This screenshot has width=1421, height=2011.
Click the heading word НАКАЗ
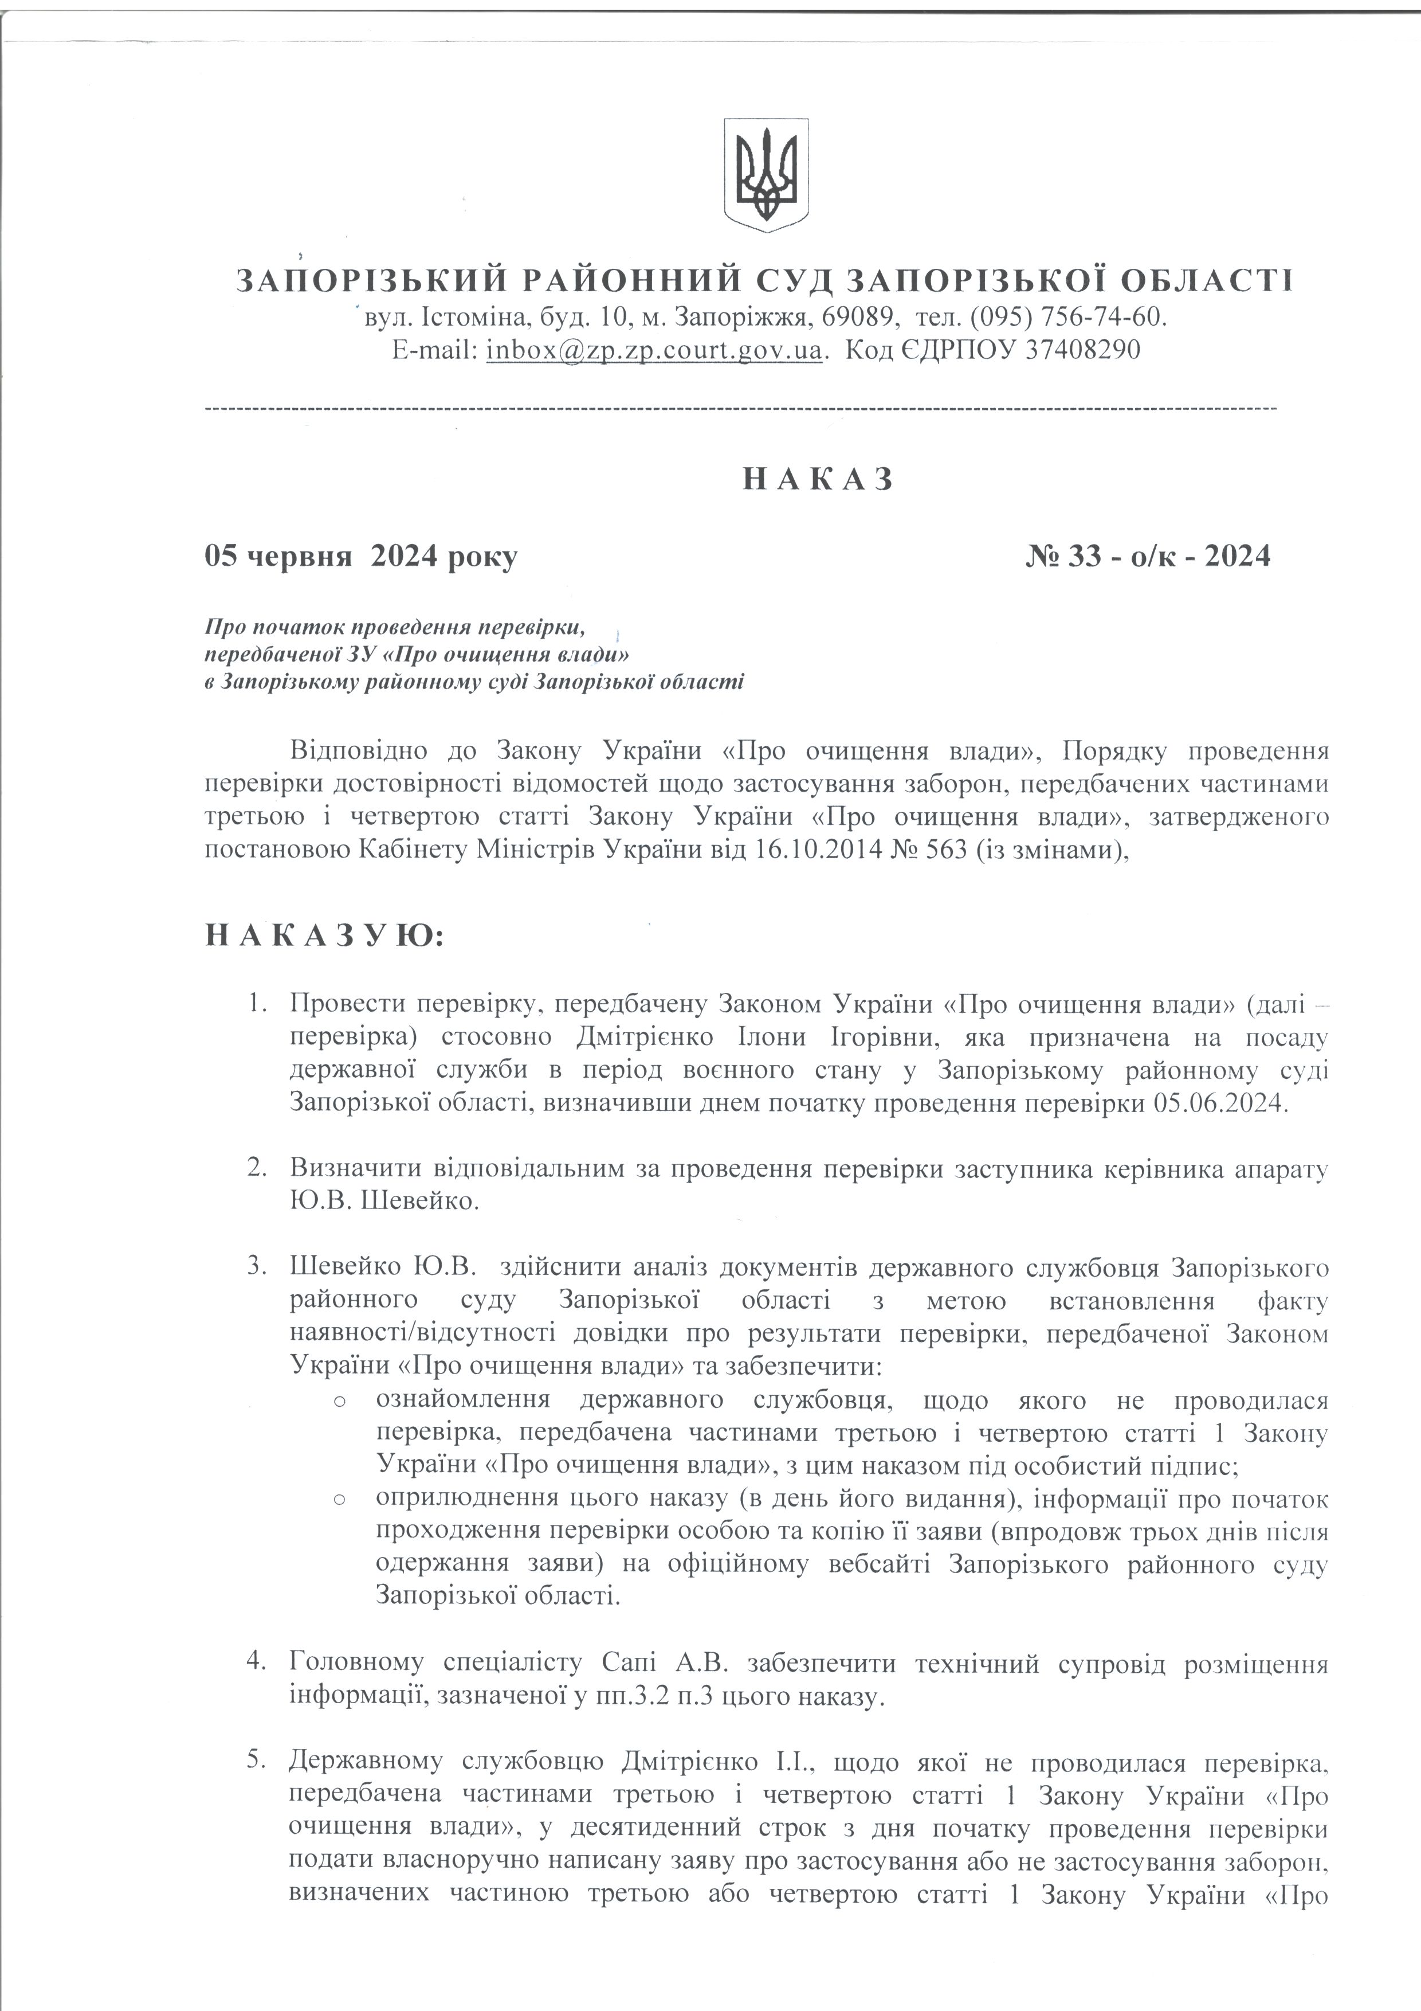pos(819,479)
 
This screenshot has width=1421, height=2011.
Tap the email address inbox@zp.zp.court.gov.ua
pos(655,350)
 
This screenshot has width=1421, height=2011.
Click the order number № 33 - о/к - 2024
pos(1148,555)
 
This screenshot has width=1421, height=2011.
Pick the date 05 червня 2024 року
pos(361,555)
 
